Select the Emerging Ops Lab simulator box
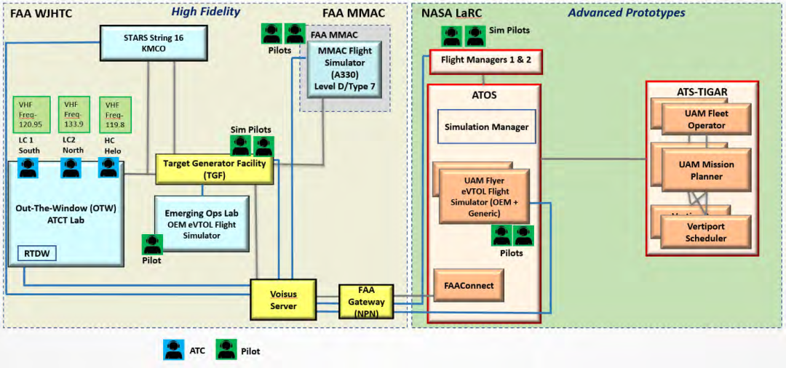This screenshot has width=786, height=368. coord(202,224)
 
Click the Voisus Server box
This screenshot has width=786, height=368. coord(283,299)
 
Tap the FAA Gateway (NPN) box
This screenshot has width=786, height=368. coord(366,301)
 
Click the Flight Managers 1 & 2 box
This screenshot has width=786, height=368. coord(485,61)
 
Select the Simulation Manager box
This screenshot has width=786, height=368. coord(486,127)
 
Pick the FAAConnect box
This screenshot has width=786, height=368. coord(469,286)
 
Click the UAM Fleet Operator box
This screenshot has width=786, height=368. coord(706,119)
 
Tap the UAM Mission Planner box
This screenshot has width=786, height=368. coord(706,170)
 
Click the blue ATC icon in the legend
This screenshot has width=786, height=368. coord(174,351)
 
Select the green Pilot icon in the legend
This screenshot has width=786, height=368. coord(226,351)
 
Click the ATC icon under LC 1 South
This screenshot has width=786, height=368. coord(28,168)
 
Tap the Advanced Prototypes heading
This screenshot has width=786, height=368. coord(626,12)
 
